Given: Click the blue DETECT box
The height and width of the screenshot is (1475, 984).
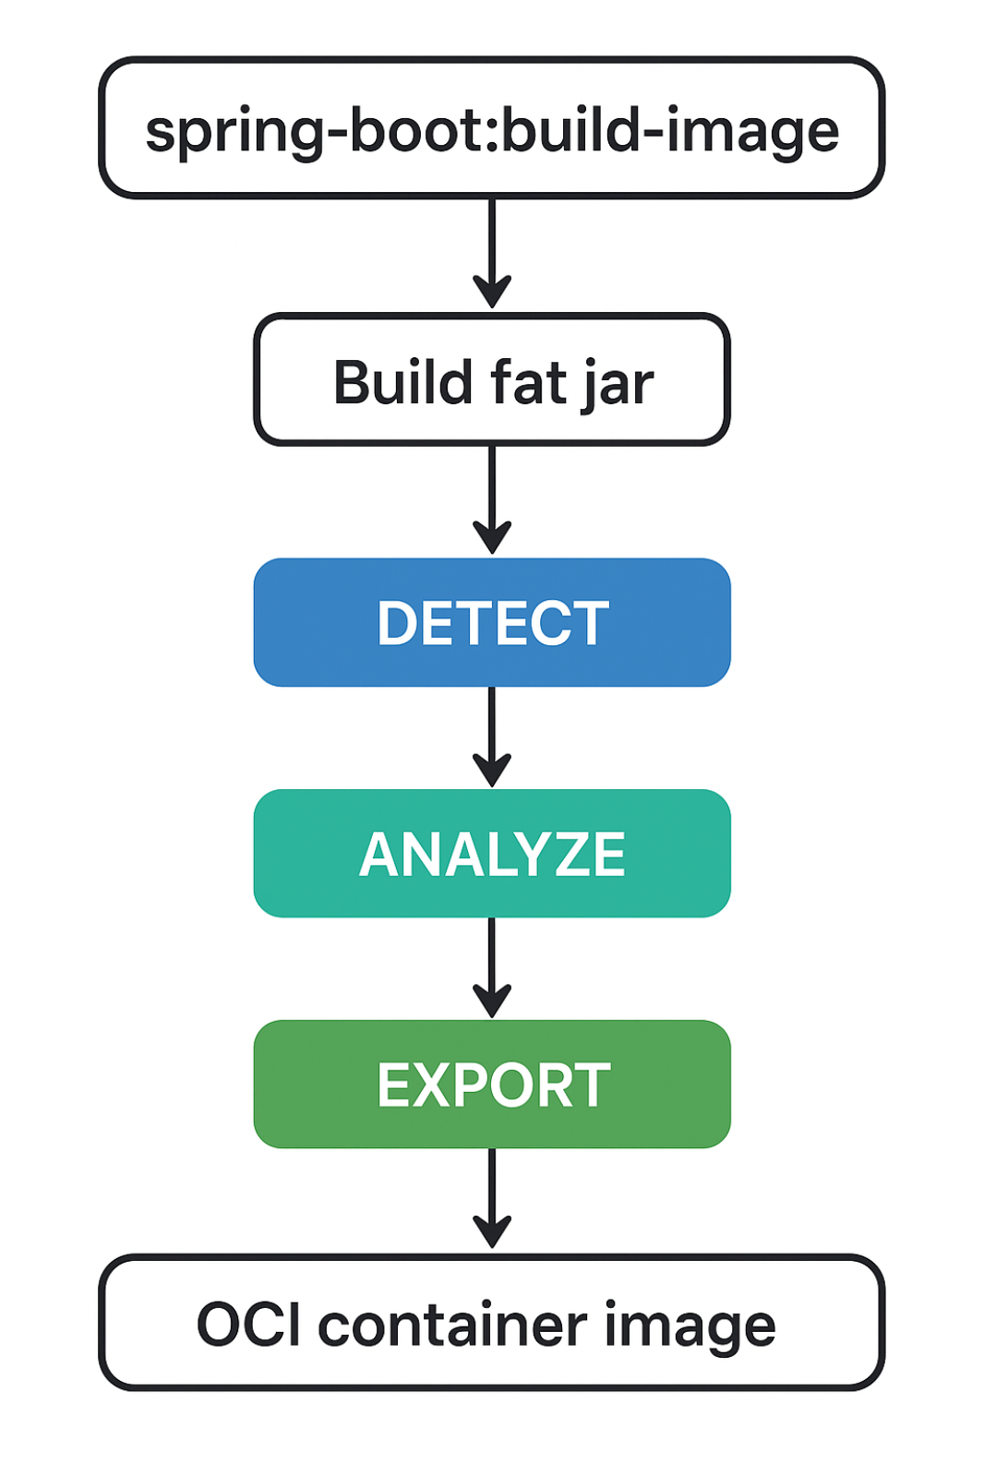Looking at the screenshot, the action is pos(492,622).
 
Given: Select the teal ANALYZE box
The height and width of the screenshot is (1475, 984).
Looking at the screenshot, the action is pos(492,854).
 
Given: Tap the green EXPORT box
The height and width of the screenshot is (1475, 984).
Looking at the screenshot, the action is pos(492,1085).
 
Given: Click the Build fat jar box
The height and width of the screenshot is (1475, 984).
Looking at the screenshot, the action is pos(492,379).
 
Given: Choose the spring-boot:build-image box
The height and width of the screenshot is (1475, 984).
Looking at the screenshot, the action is pos(492,127).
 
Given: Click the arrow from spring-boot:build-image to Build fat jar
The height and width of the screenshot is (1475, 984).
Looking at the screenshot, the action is pos(492,254).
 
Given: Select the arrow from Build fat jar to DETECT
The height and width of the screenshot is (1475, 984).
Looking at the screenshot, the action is pos(492,500).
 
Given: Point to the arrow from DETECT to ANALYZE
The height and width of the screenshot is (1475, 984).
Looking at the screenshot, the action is pos(492,737).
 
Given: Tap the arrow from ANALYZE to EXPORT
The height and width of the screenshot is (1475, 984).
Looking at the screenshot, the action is pos(492,968).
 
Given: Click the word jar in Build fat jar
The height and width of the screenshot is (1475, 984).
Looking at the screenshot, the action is pos(618,387).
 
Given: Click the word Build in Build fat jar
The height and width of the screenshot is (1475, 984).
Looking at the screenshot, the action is pos(402,381).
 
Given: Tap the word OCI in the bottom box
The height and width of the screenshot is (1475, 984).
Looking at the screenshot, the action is pos(249,1325).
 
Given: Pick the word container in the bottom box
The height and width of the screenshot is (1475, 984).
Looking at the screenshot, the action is pos(453,1325).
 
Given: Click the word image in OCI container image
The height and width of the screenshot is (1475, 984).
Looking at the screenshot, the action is pos(690,1329).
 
